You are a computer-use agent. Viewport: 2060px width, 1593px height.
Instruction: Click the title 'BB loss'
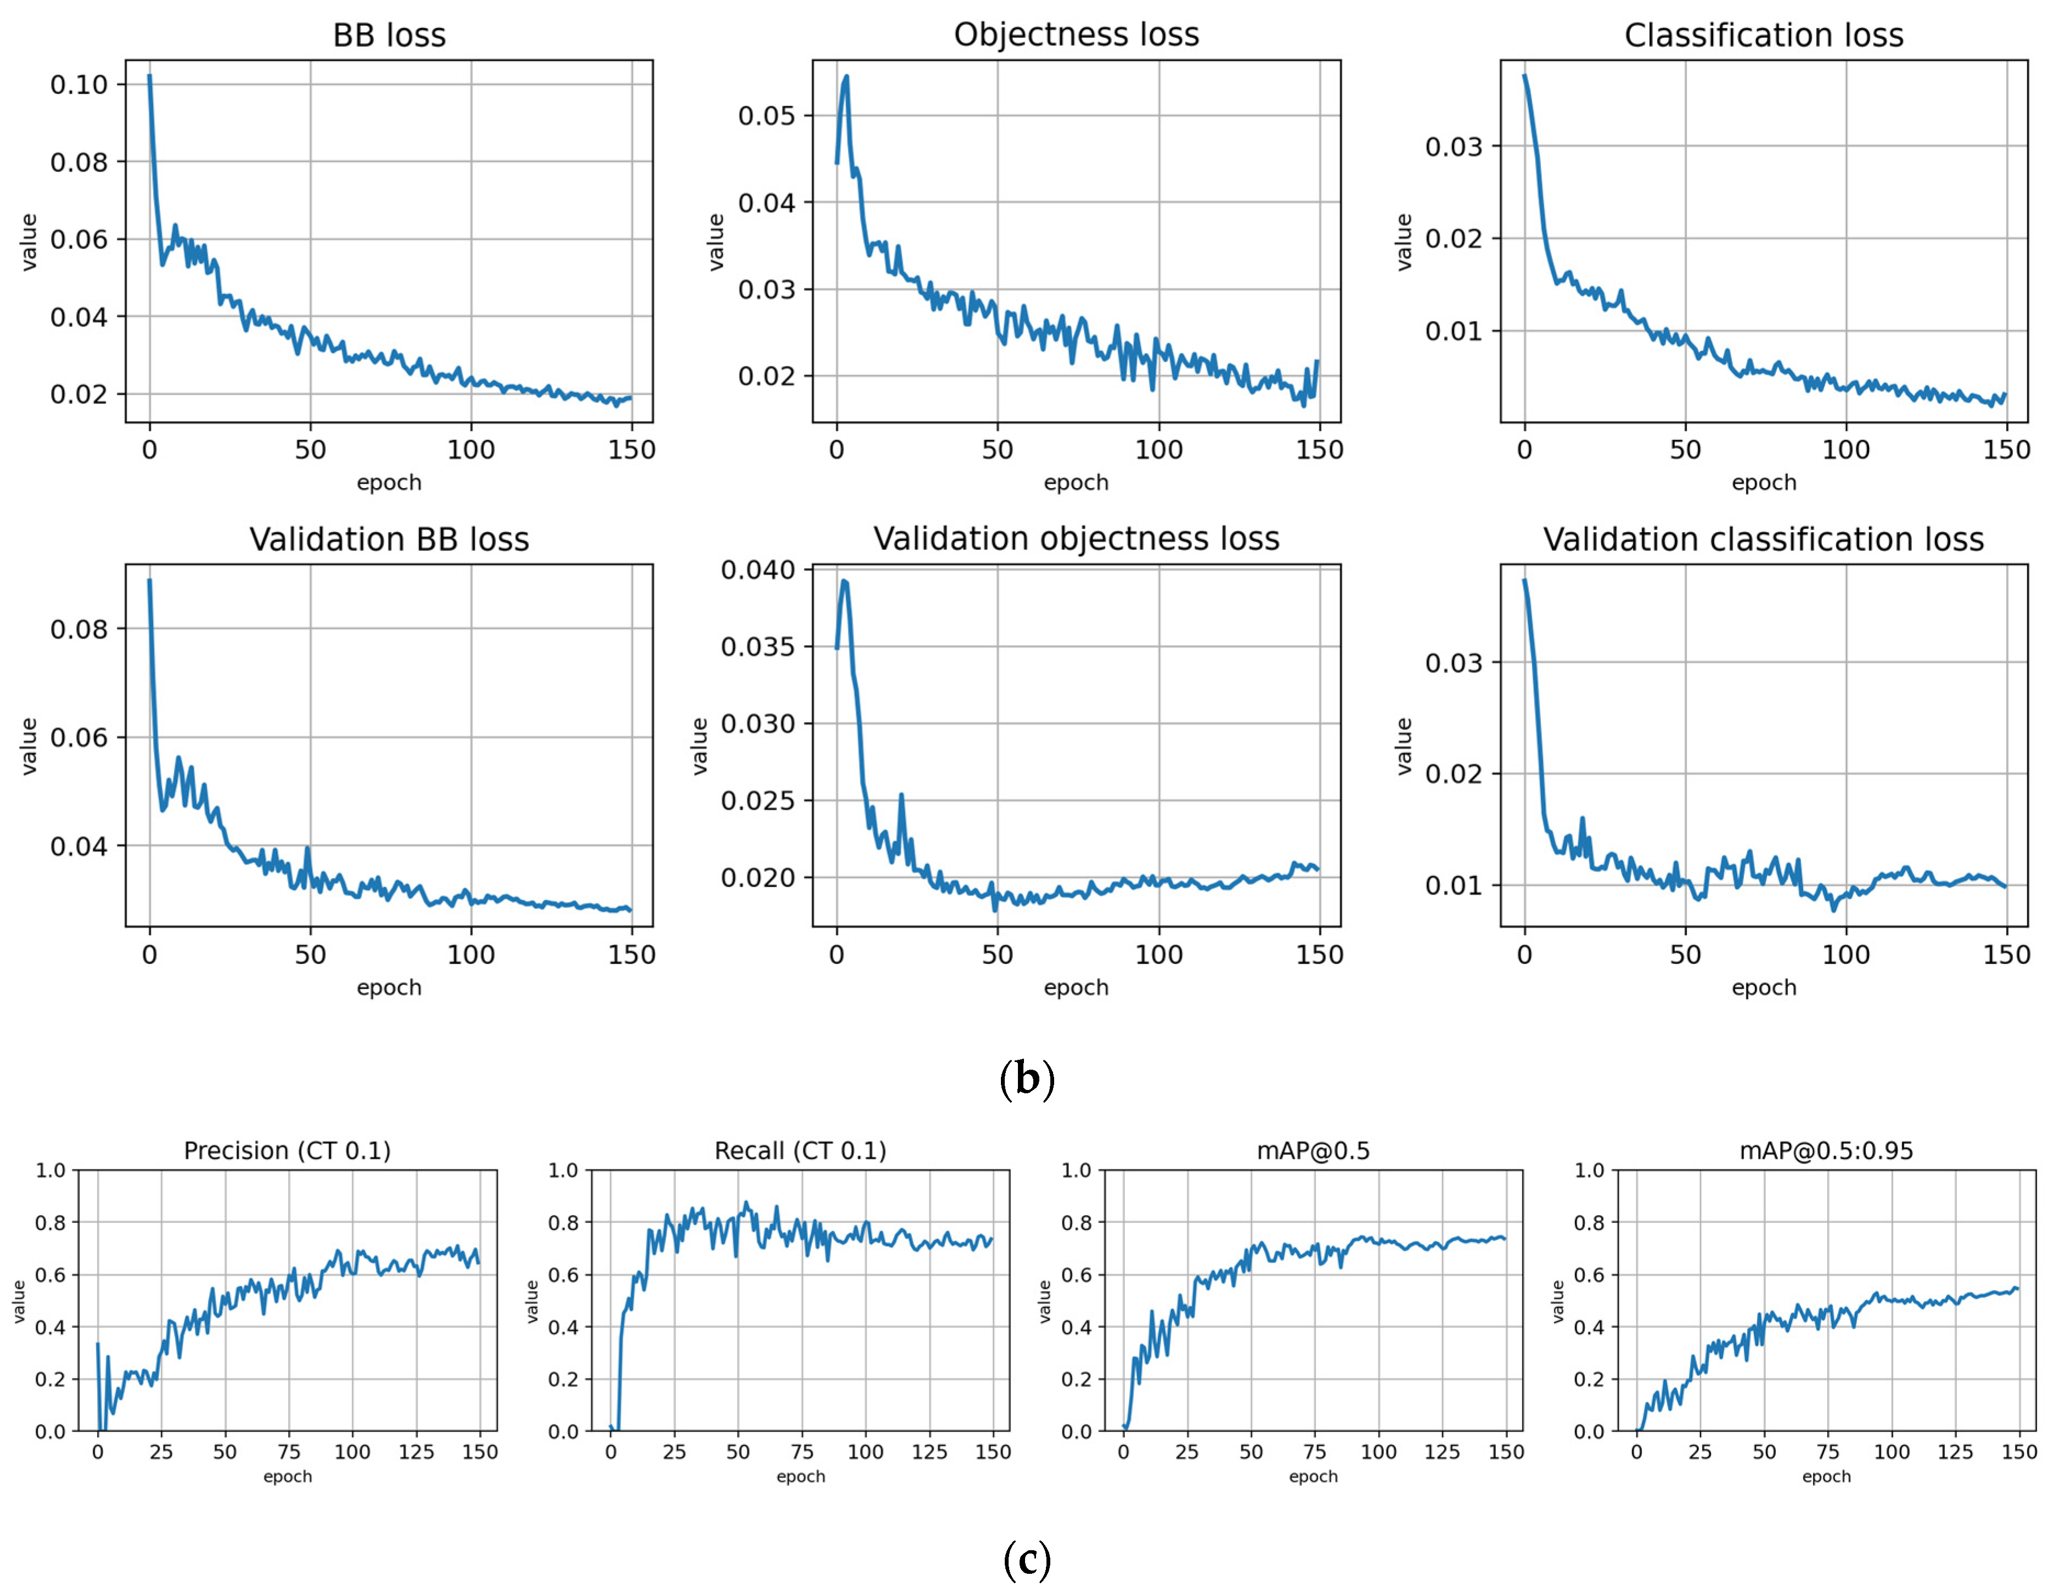(389, 36)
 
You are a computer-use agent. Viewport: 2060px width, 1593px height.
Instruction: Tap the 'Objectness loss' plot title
(1076, 35)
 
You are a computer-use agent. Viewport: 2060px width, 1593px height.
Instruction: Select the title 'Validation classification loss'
(1763, 539)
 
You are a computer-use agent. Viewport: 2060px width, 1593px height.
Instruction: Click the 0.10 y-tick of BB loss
(79, 85)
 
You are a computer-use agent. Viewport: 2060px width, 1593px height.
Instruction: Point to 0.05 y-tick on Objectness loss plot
(767, 116)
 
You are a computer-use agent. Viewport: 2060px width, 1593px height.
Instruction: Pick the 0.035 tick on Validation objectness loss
(757, 647)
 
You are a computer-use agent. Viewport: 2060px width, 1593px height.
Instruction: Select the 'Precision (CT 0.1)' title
(287, 1151)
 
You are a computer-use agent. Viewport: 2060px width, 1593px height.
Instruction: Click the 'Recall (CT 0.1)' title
(800, 1151)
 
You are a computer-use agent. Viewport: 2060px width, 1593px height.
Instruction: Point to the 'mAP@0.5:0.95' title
(1826, 1151)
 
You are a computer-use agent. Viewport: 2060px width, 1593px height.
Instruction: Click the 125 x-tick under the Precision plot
(416, 1453)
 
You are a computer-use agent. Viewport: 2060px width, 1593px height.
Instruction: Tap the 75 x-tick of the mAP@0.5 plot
(1315, 1453)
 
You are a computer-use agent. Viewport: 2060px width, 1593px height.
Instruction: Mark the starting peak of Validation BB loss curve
(149, 581)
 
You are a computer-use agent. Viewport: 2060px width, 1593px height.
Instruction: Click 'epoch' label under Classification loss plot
(1764, 483)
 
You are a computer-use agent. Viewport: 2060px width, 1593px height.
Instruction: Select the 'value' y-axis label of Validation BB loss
(29, 746)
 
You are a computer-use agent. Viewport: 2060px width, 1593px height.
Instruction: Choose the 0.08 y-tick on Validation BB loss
(79, 629)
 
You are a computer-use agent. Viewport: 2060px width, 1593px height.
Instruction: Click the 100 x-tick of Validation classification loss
(1846, 954)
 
